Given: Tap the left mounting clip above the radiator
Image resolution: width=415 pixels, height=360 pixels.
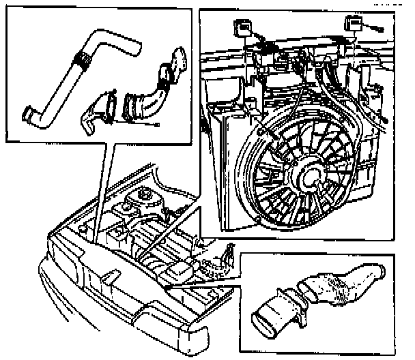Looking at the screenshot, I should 239,27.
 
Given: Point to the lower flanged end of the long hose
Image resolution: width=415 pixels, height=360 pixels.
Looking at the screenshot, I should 30,113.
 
